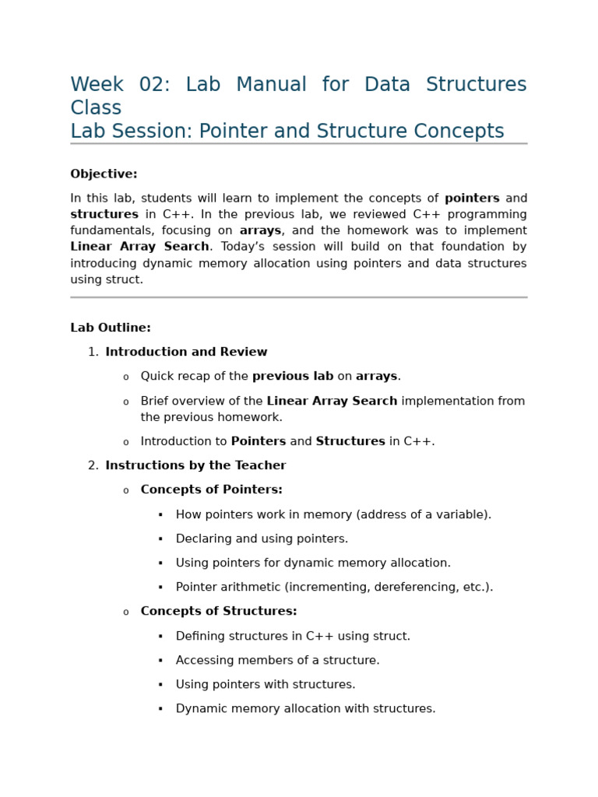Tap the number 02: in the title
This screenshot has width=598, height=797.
[x=154, y=85]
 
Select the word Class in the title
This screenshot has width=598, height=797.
[x=96, y=108]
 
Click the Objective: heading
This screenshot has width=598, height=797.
[x=104, y=174]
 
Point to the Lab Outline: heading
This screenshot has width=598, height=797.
[x=111, y=328]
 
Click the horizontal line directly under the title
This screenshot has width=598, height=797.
[x=298, y=144]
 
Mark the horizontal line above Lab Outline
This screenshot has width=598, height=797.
[x=298, y=297]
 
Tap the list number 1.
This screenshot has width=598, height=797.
[x=93, y=353]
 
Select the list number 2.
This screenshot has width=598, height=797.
[x=93, y=466]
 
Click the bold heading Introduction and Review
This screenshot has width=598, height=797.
[x=186, y=353]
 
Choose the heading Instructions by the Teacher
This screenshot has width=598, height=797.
[x=195, y=466]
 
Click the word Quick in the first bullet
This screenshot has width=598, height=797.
[x=157, y=377]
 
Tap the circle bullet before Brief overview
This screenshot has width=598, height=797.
[x=125, y=402]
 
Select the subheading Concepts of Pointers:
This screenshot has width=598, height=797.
[x=211, y=490]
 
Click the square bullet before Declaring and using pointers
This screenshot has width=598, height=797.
[x=160, y=539]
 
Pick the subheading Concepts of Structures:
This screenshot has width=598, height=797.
[x=218, y=612]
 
